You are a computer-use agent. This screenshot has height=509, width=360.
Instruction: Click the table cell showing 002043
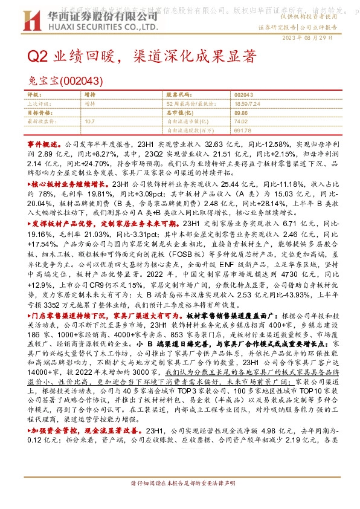tap(243, 96)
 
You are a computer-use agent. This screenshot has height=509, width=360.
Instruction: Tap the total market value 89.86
tap(241, 112)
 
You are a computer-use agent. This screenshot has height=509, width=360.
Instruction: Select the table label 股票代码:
tap(178, 96)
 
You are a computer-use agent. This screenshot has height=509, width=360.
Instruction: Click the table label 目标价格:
tap(39, 112)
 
